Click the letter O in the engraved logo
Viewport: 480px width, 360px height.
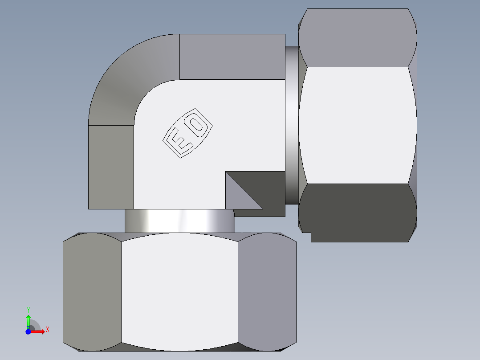[x=196, y=124]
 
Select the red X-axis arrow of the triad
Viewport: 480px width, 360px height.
[x=38, y=331]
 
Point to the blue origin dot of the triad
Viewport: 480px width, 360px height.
[x=28, y=331]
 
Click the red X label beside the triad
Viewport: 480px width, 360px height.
[x=47, y=330]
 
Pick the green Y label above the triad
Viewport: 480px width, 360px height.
[x=28, y=310]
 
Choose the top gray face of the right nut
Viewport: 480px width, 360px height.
[x=358, y=38]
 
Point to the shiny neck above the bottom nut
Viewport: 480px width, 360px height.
[x=179, y=221]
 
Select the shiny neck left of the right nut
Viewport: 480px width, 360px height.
[x=291, y=125]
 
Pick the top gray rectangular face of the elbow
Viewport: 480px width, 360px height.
[x=232, y=57]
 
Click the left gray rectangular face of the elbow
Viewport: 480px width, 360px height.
[x=111, y=167]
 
